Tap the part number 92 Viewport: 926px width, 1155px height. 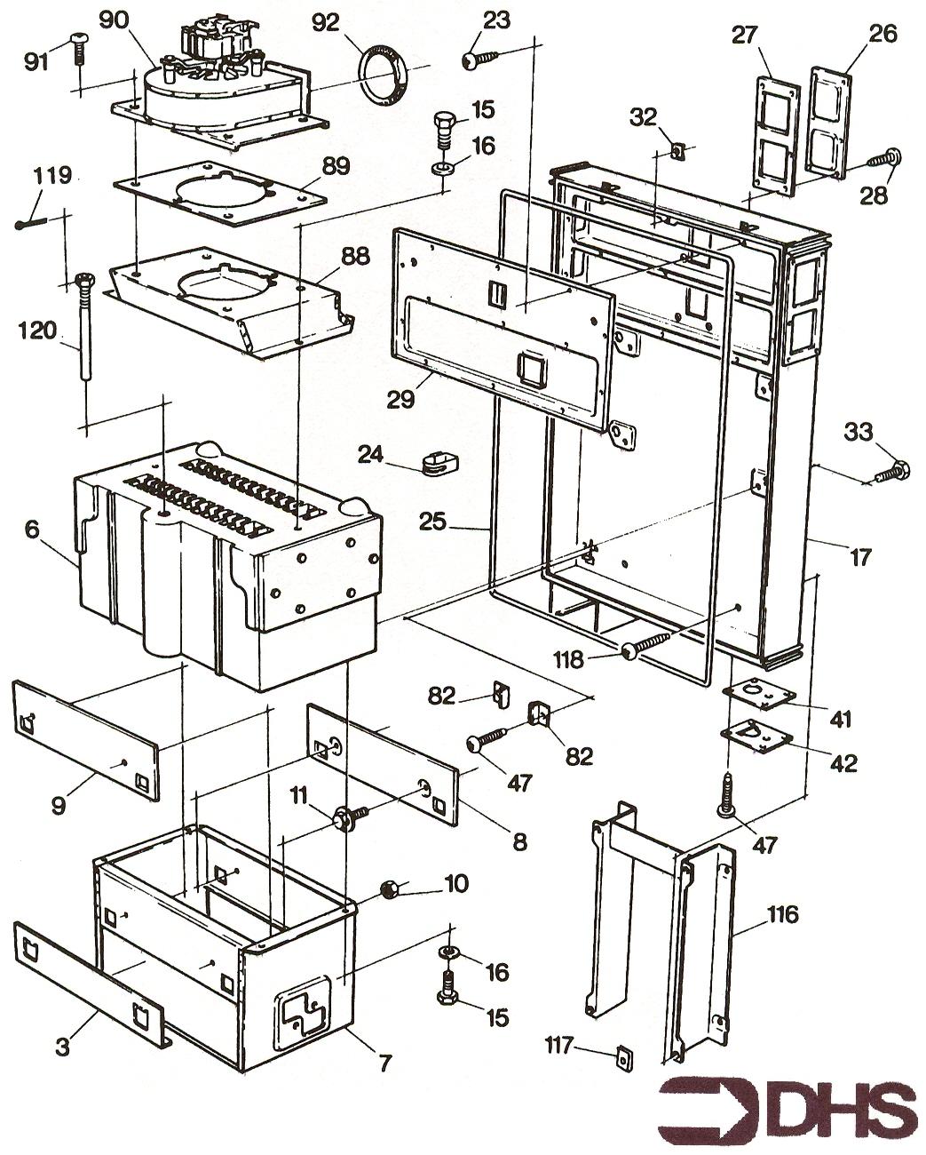tap(327, 23)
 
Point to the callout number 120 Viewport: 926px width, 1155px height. tap(37, 331)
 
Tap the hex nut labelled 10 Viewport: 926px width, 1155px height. tap(387, 889)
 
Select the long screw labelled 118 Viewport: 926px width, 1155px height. tap(646, 644)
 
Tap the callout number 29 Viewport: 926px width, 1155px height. tap(400, 399)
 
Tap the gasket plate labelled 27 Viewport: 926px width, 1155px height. tap(775, 135)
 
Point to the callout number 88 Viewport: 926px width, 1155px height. tap(354, 256)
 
